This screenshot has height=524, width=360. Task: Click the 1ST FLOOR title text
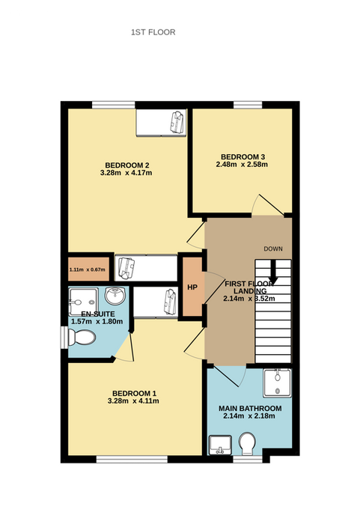(x=153, y=32)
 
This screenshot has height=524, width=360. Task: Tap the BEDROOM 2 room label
(x=127, y=165)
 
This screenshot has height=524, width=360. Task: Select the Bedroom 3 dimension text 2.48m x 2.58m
(x=242, y=165)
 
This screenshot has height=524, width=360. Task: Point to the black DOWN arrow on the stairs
(x=273, y=271)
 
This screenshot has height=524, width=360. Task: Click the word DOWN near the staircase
(x=273, y=249)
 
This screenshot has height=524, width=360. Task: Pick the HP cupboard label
(x=192, y=287)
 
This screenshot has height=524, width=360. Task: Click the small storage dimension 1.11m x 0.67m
(x=88, y=269)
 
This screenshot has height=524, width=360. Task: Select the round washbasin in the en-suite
(x=115, y=296)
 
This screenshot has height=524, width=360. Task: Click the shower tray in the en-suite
(x=83, y=302)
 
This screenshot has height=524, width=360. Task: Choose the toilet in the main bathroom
(x=247, y=443)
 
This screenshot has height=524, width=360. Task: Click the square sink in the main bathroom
(x=220, y=445)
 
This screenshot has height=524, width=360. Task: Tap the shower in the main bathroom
(x=277, y=383)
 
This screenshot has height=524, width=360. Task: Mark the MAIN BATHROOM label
(x=250, y=409)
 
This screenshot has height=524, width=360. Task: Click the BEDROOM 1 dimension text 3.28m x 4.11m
(x=133, y=401)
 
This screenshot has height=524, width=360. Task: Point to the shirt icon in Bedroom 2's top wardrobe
(x=177, y=122)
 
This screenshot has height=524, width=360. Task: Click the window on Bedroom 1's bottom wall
(x=132, y=459)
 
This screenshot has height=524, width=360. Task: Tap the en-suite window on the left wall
(x=64, y=338)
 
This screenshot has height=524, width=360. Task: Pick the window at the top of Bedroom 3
(x=248, y=105)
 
